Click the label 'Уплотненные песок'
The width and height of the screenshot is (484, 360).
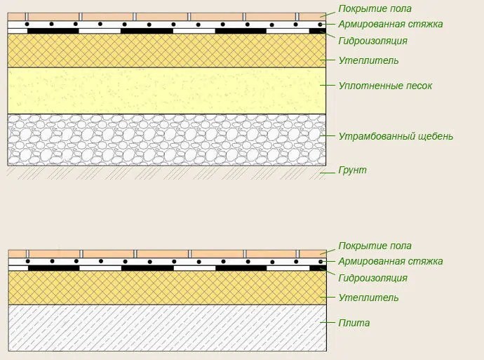click(385, 86)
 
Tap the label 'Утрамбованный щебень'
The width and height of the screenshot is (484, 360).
click(396, 136)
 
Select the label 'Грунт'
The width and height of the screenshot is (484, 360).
click(353, 170)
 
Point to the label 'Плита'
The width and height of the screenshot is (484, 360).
click(354, 323)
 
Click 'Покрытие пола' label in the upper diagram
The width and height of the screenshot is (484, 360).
click(375, 8)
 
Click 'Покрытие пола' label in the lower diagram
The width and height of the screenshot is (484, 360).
click(375, 246)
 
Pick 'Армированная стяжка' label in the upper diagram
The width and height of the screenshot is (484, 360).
click(391, 24)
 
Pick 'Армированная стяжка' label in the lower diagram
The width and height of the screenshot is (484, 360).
click(391, 261)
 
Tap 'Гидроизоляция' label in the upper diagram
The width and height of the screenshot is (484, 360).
click(372, 41)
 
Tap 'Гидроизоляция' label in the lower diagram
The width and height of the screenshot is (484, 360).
click(372, 278)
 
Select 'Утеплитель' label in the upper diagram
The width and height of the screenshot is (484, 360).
click(368, 60)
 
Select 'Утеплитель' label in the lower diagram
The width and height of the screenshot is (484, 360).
click(368, 298)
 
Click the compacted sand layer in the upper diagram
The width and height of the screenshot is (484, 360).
click(167, 91)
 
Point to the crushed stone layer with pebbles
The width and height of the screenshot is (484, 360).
click(167, 140)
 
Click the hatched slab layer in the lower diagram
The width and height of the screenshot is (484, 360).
click(168, 328)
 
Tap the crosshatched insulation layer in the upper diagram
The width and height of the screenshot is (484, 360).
click(167, 51)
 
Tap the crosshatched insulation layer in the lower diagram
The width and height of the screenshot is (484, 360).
click(168, 288)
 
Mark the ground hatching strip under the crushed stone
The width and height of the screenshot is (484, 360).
click(167, 173)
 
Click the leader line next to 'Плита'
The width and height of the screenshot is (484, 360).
click(327, 323)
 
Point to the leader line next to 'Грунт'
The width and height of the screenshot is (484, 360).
click(327, 173)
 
